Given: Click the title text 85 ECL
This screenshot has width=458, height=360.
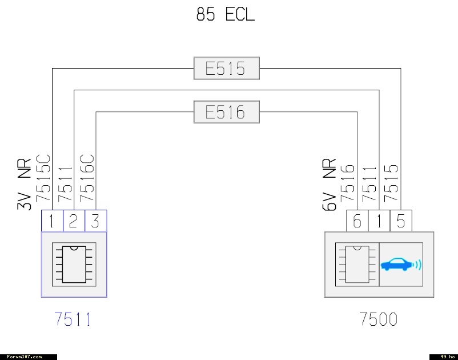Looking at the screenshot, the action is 225,14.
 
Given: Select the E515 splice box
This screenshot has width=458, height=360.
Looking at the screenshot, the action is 226,69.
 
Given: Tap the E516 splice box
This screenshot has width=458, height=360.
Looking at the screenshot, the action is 226,112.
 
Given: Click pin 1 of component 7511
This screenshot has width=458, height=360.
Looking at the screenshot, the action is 52,221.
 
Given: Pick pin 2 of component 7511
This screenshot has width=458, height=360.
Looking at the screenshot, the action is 74,221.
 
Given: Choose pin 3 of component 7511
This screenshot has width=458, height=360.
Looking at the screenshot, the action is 96,221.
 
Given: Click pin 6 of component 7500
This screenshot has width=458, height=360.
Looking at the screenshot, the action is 357,221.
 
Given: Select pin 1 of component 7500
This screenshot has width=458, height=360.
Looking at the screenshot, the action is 379,221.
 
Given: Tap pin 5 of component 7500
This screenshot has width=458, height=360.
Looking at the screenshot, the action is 401,221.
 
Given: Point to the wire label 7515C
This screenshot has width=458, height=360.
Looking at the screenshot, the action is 43,178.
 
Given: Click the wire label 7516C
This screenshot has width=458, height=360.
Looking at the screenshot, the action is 87,178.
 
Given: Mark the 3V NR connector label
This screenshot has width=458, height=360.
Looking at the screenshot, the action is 24,184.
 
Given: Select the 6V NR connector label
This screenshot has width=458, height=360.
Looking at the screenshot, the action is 330,184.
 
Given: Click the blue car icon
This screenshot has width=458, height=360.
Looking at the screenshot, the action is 401,265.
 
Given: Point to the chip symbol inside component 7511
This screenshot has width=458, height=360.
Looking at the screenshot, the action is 74,265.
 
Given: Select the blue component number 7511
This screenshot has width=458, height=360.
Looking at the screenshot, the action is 73,319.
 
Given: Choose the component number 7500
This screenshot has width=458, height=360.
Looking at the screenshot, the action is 379,319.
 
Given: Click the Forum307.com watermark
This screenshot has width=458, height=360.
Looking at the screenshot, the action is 24,357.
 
